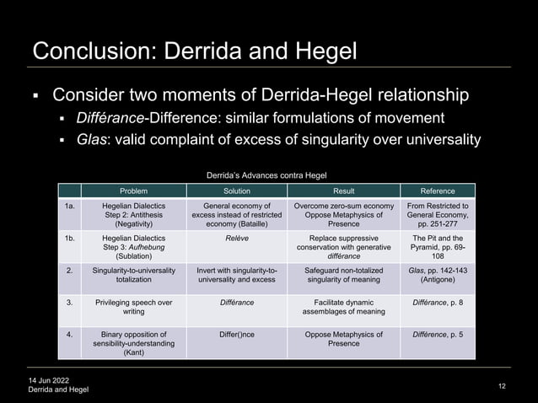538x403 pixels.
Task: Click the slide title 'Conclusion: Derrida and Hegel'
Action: (x=194, y=50)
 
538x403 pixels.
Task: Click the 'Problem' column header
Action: (x=133, y=191)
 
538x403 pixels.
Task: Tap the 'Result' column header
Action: (x=343, y=191)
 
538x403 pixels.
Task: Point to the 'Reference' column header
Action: (x=438, y=191)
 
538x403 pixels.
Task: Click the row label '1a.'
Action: (x=71, y=205)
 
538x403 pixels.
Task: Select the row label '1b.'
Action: (x=71, y=239)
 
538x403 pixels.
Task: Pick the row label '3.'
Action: (x=71, y=301)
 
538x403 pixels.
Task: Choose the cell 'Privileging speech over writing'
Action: (x=133, y=306)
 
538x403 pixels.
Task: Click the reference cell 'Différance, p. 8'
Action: (x=438, y=301)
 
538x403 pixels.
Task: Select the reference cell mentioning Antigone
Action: (x=438, y=275)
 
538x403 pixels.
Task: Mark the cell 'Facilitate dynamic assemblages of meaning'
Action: (x=343, y=306)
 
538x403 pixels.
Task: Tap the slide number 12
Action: (x=503, y=385)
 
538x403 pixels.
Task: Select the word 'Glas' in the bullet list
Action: (x=89, y=139)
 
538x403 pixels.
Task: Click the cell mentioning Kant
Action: (x=133, y=344)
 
